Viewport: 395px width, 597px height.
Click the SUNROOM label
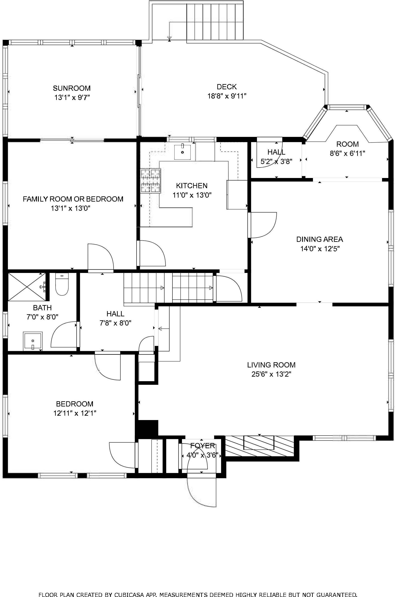[x=72, y=88]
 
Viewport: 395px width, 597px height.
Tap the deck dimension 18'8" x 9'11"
[x=227, y=96]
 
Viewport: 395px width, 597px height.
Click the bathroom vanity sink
[x=33, y=341]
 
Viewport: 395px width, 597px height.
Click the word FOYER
[x=203, y=446]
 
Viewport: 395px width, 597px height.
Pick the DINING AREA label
[x=319, y=239]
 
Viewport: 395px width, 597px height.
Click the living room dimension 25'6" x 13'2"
[x=271, y=374]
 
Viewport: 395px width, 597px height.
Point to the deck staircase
[x=215, y=21]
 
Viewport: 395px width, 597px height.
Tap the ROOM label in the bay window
[x=347, y=144]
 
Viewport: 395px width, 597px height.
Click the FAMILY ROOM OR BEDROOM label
[x=73, y=199]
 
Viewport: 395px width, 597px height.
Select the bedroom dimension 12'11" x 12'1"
[x=75, y=413]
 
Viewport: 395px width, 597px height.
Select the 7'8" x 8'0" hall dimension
[x=115, y=323]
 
